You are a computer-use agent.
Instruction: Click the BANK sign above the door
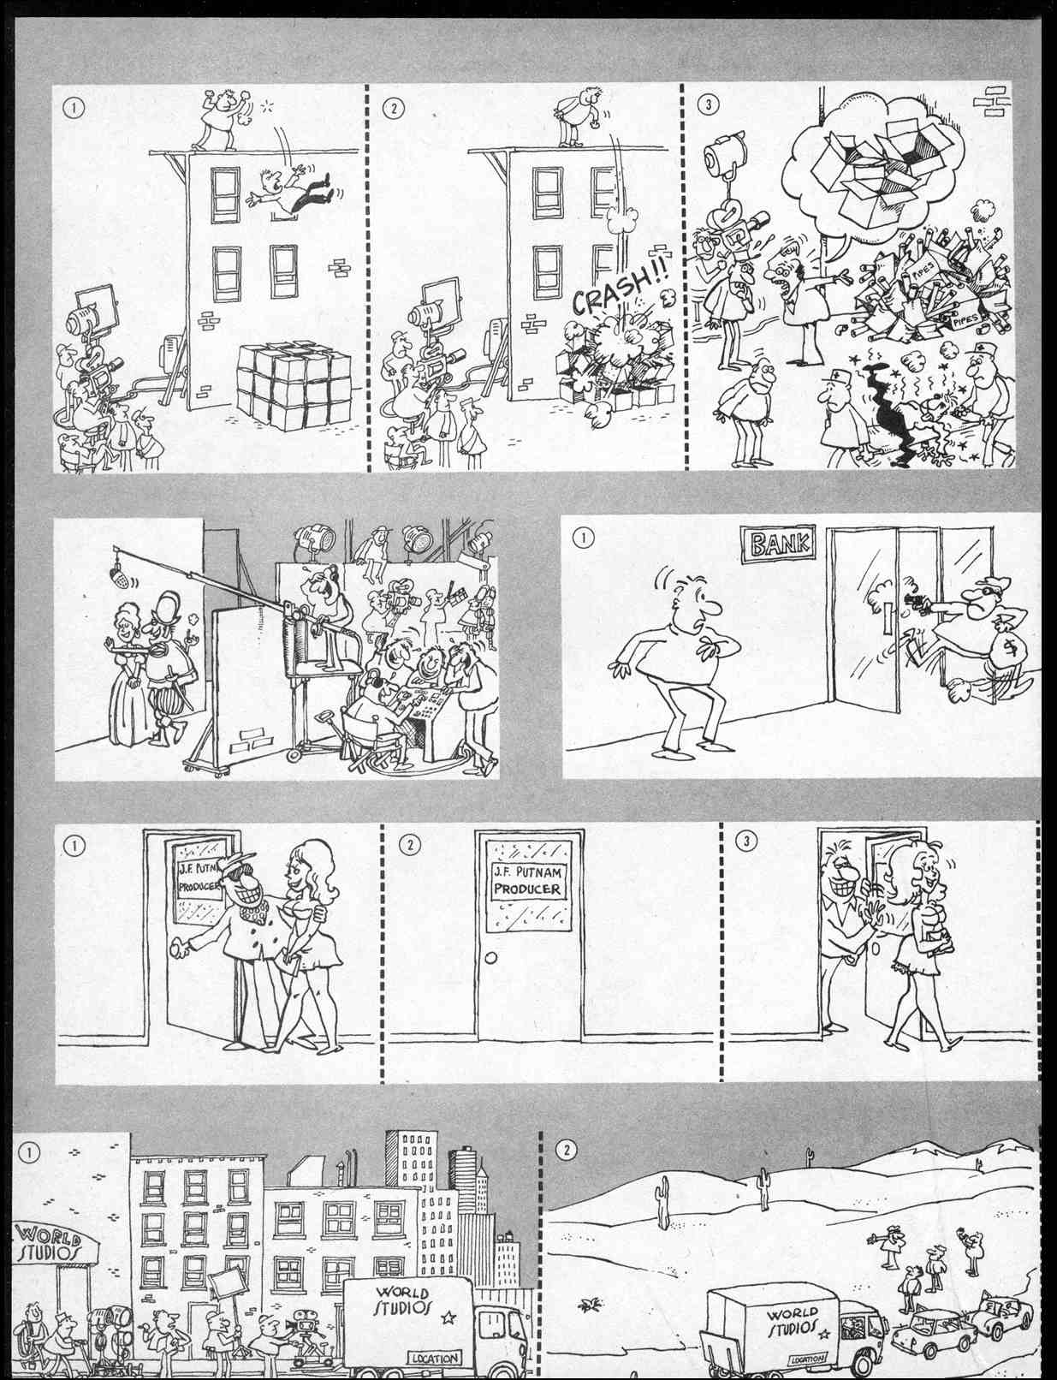[778, 544]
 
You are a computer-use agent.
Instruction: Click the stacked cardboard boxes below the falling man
[294, 384]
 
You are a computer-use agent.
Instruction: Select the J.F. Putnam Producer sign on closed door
[528, 881]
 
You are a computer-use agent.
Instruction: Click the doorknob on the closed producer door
[490, 958]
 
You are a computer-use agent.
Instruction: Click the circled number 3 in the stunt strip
[710, 105]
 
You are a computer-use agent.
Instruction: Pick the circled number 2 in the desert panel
[567, 1150]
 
